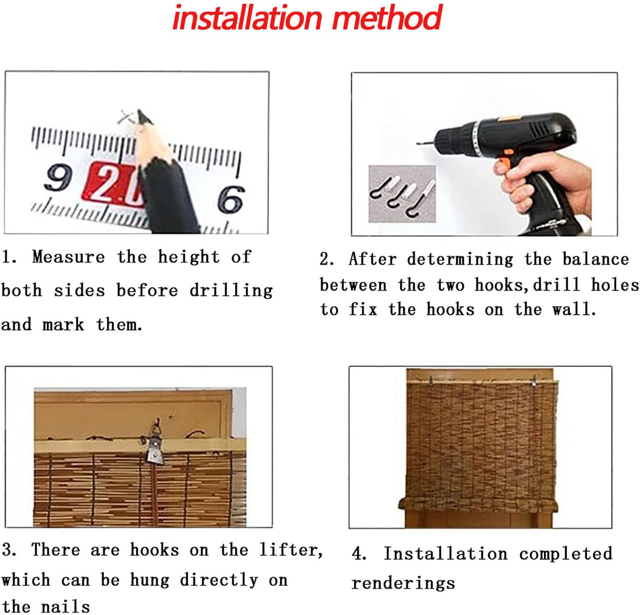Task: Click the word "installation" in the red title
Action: [247, 18]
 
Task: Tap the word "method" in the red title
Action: [387, 18]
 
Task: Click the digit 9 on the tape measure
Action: [57, 178]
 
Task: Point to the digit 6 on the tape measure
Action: [231, 198]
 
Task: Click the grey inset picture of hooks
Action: [402, 194]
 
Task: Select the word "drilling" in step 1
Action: [231, 290]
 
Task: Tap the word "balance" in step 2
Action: [596, 259]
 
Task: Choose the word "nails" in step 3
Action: [65, 606]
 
